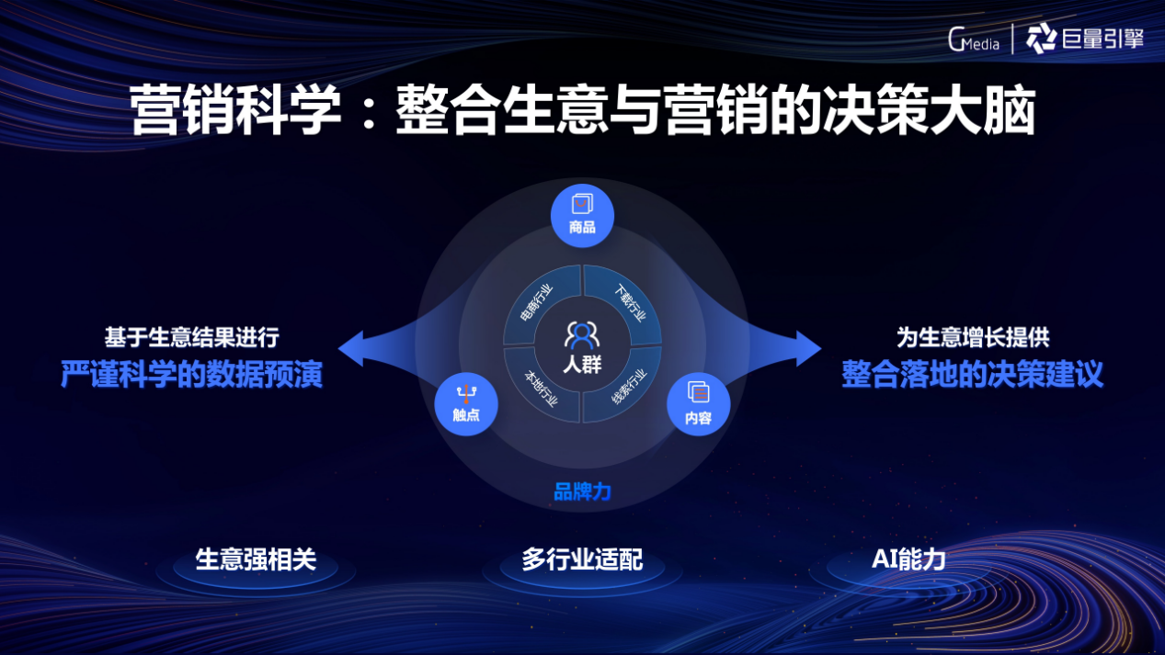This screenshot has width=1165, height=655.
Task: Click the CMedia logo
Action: (974, 40)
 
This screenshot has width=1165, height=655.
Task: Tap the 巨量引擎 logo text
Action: (1102, 39)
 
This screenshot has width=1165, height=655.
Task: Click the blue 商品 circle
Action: (582, 216)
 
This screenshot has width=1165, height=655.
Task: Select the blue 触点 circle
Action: (466, 404)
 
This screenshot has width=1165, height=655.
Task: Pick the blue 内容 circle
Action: (699, 404)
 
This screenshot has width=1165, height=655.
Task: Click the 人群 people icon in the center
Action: (582, 335)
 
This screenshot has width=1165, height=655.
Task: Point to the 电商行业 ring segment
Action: (537, 302)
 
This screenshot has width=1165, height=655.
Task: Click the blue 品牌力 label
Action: (582, 491)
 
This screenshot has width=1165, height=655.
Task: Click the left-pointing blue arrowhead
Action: (351, 348)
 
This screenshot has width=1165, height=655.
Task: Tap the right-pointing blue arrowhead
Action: (809, 348)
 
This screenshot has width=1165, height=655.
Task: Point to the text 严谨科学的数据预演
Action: (192, 374)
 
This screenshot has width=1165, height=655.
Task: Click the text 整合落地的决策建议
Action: (973, 374)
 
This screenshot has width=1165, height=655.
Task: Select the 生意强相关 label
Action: (256, 560)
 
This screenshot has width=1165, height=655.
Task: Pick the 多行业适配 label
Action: (582, 560)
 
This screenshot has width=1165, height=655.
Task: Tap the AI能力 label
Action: (908, 560)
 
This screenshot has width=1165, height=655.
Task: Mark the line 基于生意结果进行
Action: (192, 338)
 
